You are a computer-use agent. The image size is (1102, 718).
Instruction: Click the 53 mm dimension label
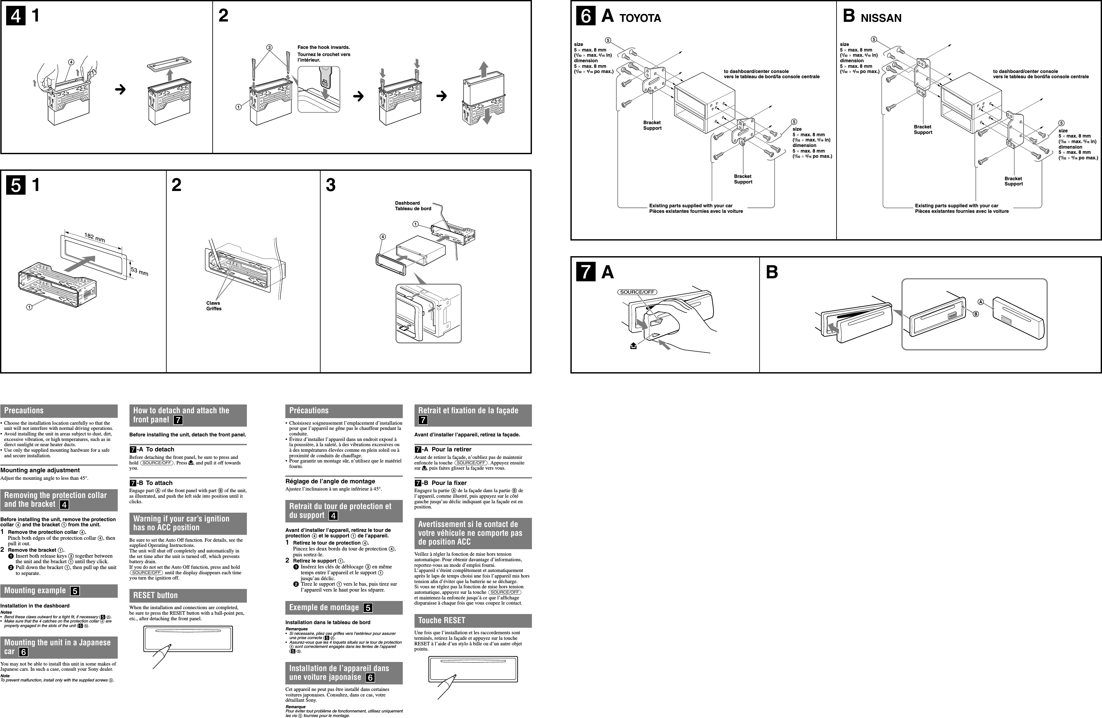click(x=139, y=271)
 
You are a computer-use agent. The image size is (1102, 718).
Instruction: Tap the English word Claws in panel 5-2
click(x=213, y=303)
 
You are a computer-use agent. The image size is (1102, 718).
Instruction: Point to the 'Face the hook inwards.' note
click(x=323, y=47)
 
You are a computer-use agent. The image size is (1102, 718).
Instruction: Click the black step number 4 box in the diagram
click(x=16, y=16)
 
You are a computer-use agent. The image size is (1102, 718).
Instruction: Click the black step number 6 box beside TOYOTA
click(x=586, y=16)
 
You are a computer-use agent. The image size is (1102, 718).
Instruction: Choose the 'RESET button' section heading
click(x=155, y=595)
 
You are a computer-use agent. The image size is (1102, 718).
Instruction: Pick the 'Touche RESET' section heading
click(x=441, y=620)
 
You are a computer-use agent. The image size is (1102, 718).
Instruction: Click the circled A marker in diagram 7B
click(x=980, y=302)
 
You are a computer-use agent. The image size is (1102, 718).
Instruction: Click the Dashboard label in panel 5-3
click(x=407, y=203)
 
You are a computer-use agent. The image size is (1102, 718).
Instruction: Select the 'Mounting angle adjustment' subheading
click(x=40, y=470)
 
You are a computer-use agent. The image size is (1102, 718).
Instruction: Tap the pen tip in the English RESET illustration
click(x=170, y=645)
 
